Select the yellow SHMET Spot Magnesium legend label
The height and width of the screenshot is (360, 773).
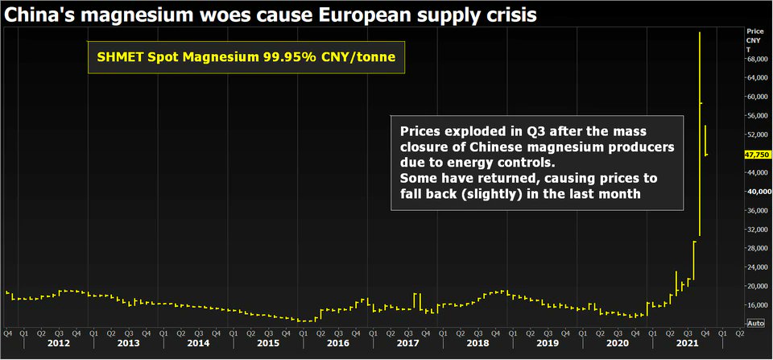tap(246, 58)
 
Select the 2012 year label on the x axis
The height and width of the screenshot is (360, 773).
tap(58, 343)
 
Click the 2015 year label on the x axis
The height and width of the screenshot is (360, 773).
tap(269, 343)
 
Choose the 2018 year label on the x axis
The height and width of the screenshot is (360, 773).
tap(478, 343)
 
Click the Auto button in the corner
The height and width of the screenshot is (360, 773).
tap(755, 323)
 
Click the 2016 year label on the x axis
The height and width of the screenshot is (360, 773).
tap(338, 343)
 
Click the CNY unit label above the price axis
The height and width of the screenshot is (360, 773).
tap(754, 39)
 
